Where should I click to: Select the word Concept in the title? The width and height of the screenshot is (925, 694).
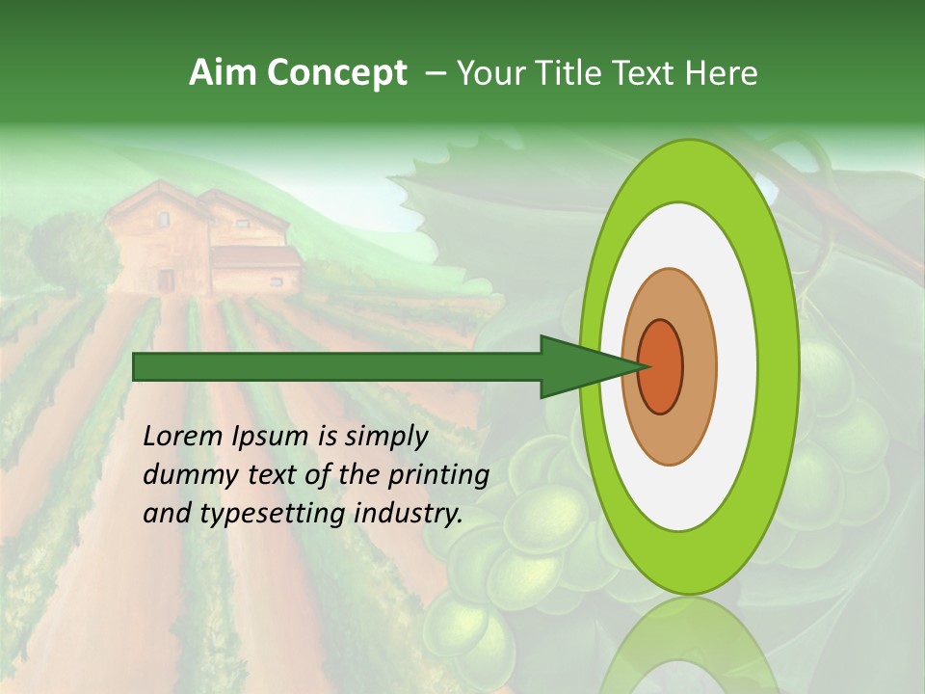[336, 74]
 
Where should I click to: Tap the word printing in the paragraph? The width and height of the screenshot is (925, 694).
[439, 476]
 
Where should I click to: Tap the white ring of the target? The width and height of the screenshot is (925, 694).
[736, 366]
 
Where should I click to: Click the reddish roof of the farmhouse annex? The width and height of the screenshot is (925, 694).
[255, 256]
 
